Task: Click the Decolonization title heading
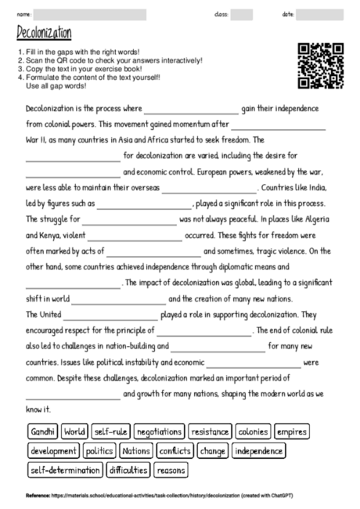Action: point(44,34)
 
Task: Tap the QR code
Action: point(321,66)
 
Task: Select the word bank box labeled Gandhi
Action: point(43,431)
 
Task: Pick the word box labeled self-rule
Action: point(110,431)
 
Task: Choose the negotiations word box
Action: point(159,431)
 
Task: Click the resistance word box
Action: point(210,431)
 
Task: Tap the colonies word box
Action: point(253,431)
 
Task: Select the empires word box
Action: point(292,431)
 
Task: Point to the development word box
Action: point(53,451)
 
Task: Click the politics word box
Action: point(99,451)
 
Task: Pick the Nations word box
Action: point(135,451)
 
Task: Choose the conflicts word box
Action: point(174,451)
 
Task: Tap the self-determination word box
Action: point(65,471)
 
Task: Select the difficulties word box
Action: point(128,471)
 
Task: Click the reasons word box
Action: point(170,471)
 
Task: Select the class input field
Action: point(242,14)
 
